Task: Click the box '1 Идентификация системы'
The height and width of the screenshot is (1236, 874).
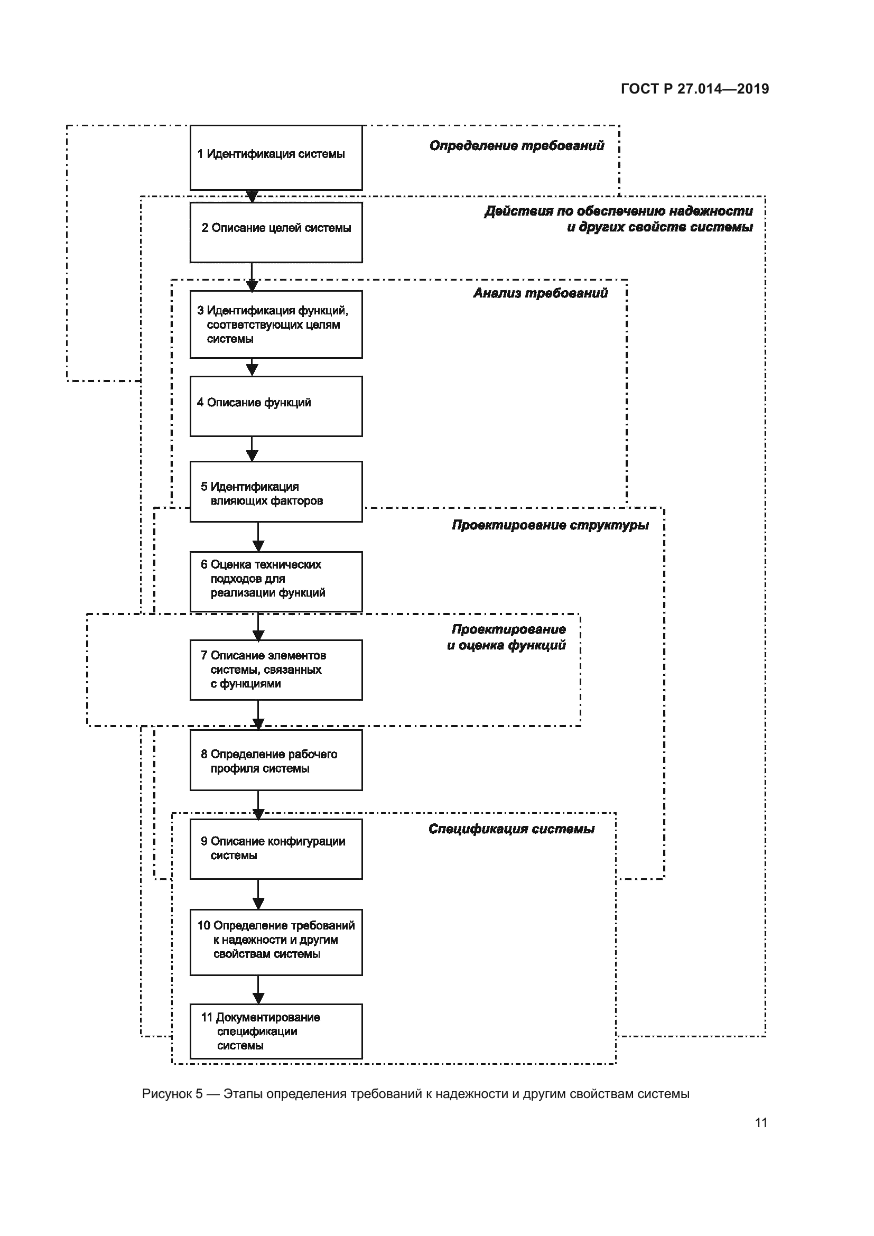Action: (x=276, y=157)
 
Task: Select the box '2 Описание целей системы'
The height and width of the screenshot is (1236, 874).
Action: (x=276, y=232)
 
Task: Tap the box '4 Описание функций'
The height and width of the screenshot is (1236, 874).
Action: (x=276, y=406)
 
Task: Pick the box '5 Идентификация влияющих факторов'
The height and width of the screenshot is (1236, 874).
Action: (x=276, y=491)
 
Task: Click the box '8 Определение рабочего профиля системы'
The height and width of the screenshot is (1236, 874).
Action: (x=276, y=760)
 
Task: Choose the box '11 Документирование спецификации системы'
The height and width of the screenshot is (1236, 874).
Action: (x=276, y=1031)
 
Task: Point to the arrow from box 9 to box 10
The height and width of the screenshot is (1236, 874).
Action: (x=258, y=894)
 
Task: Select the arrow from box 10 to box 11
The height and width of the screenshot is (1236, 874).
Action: (x=258, y=989)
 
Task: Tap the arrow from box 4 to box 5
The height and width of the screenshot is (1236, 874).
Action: (x=252, y=449)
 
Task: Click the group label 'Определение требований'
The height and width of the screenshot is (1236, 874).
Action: (x=517, y=146)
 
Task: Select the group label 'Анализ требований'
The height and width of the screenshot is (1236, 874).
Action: (x=541, y=293)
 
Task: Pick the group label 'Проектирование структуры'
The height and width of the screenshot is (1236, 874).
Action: (x=550, y=525)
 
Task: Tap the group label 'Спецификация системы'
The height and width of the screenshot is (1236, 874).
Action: (x=512, y=829)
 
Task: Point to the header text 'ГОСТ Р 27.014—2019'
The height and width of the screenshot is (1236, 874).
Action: (x=695, y=89)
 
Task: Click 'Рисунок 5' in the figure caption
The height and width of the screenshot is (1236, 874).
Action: (x=172, y=1094)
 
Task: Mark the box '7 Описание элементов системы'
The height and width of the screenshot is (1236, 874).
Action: (x=276, y=670)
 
